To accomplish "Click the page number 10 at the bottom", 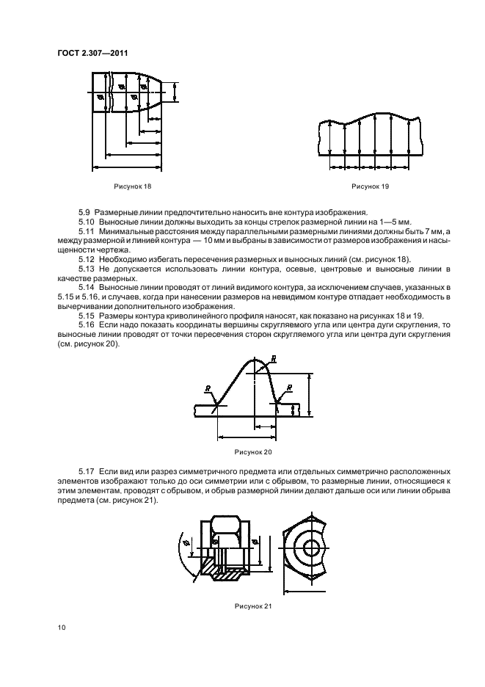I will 62,628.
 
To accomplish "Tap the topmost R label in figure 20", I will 274,359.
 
